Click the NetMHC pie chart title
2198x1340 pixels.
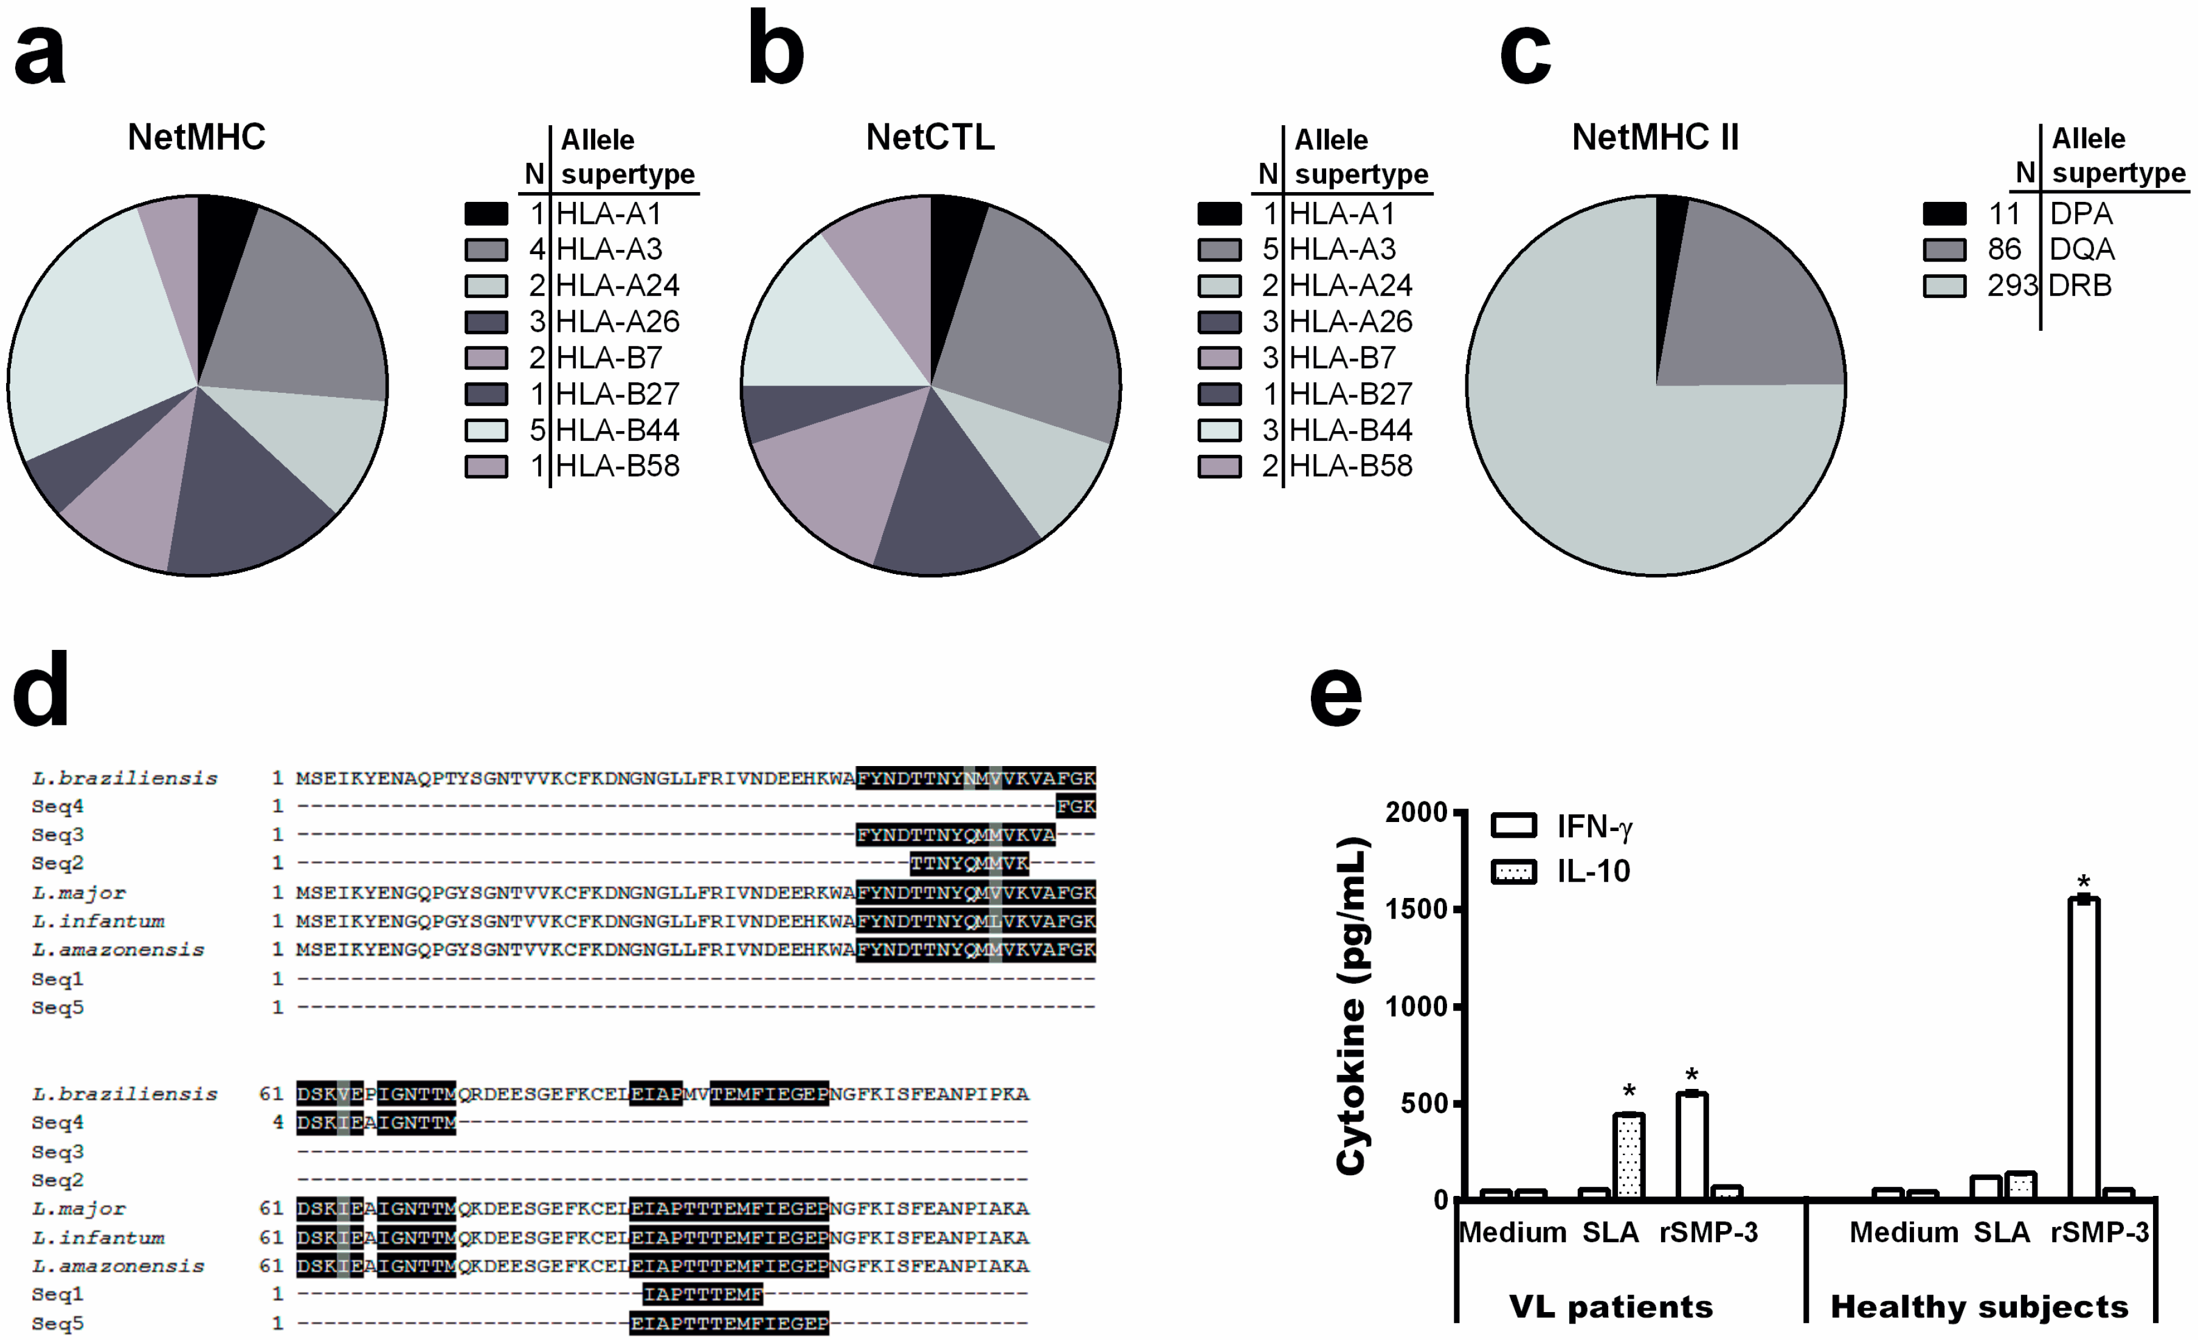tap(196, 137)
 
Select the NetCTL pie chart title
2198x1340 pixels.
tap(930, 137)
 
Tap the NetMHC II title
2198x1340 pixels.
tap(1655, 137)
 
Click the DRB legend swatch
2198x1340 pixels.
tap(1944, 286)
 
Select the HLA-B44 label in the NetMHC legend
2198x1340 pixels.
tap(617, 430)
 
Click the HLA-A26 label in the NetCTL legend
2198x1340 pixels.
tap(1350, 321)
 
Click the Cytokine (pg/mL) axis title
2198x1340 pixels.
tap(1352, 1006)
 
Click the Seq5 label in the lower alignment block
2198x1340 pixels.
tap(57, 1323)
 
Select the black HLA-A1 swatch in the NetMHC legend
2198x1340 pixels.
tap(486, 213)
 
